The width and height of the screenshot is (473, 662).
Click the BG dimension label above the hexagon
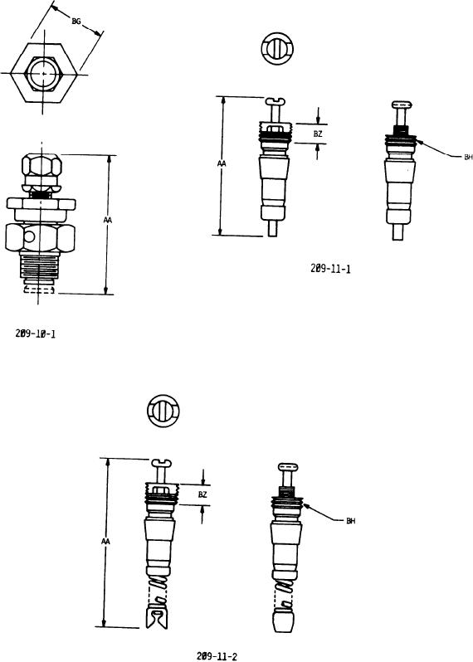click(x=76, y=22)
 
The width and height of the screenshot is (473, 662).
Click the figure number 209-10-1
click(x=36, y=333)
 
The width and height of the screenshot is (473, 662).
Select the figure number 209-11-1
click(x=330, y=269)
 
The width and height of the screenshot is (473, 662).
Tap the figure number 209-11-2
click(x=217, y=655)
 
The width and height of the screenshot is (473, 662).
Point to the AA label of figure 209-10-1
click(x=108, y=220)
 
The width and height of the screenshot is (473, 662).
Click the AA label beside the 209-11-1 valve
click(x=222, y=163)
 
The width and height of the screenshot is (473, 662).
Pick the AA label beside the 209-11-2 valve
click(x=105, y=541)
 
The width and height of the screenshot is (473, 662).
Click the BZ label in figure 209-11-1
click(x=318, y=134)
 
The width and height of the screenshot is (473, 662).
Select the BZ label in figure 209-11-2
click(x=202, y=494)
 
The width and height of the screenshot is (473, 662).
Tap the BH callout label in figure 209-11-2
click(x=350, y=521)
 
